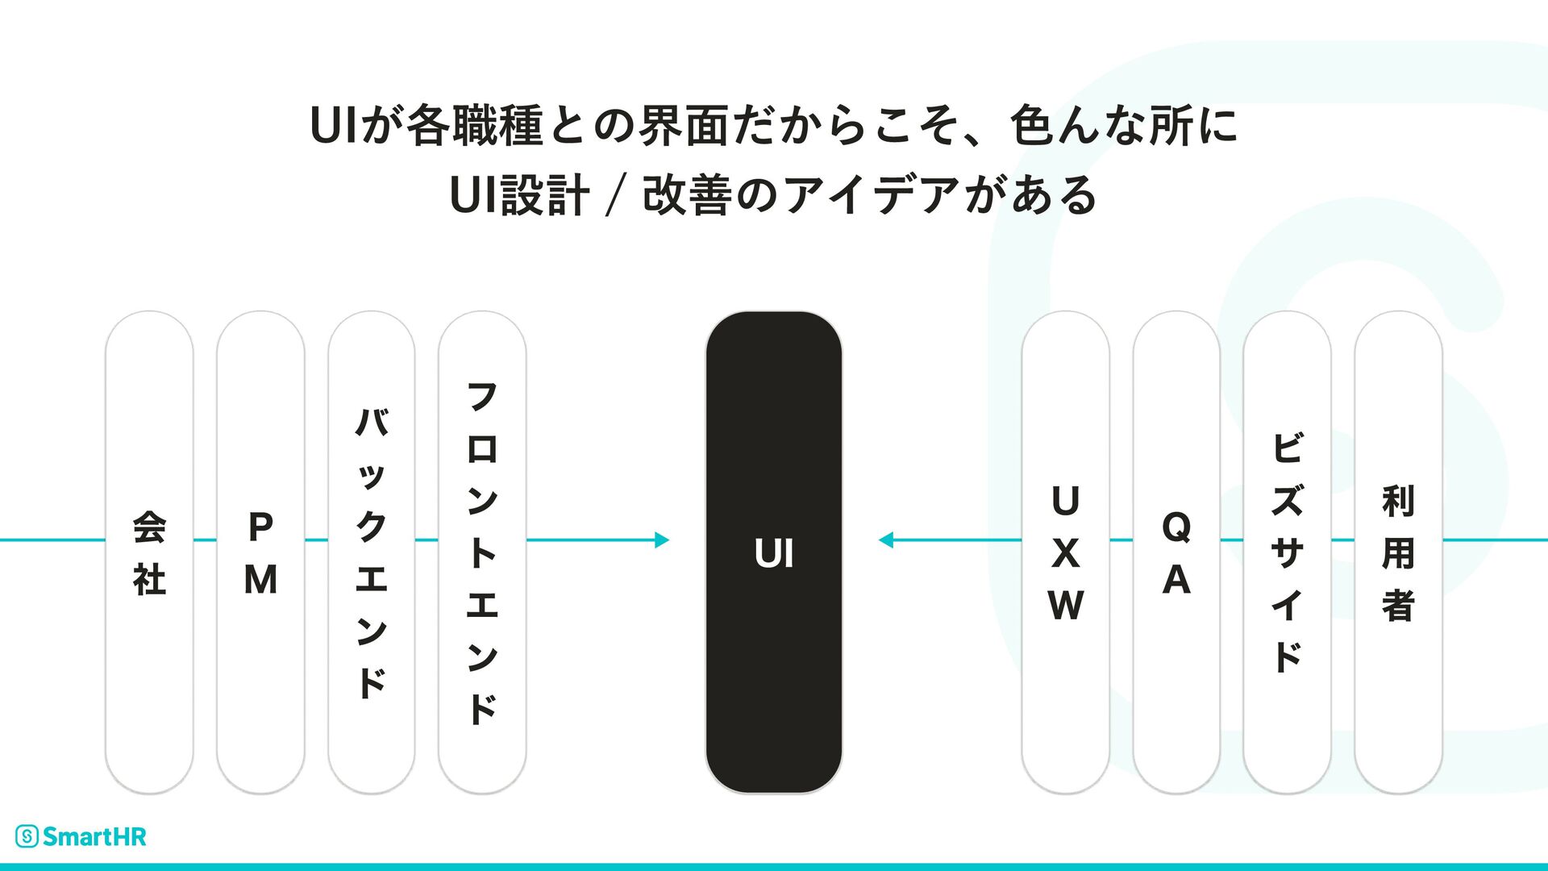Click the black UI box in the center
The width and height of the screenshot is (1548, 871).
click(773, 552)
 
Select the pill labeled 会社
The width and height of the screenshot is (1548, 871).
click(149, 552)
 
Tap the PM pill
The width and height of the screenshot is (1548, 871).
click(260, 552)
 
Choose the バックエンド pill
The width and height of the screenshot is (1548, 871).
click(371, 552)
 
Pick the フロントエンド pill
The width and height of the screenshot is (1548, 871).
click(482, 552)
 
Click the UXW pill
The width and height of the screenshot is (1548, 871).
click(1065, 552)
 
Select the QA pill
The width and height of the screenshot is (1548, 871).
click(1176, 552)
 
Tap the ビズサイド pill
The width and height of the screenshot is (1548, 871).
click(1287, 552)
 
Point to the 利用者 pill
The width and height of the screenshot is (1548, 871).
click(1398, 552)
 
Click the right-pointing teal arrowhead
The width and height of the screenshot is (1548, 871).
click(663, 540)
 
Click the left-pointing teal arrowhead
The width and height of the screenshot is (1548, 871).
click(885, 540)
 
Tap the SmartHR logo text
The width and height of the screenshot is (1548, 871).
click(94, 837)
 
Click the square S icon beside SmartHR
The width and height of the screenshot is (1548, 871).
click(27, 837)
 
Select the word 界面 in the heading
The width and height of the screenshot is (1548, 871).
click(684, 127)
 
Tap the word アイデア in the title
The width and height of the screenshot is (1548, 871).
click(871, 196)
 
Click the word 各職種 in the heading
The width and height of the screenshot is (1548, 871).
click(475, 127)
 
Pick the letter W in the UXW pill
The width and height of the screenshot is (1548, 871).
click(1065, 605)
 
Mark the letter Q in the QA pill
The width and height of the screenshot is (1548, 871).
click(1176, 527)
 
